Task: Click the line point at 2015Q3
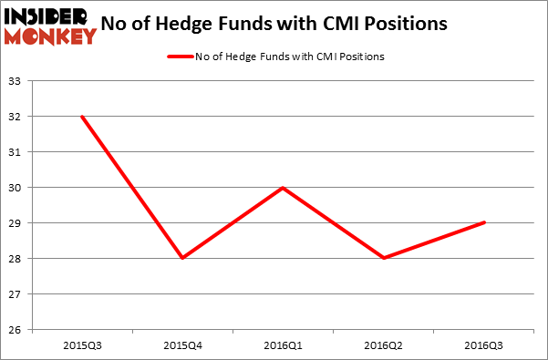click(x=82, y=116)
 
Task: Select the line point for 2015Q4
click(x=182, y=258)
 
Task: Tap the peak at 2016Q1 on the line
click(x=284, y=187)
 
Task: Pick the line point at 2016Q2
click(x=384, y=258)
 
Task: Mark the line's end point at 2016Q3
click(x=484, y=222)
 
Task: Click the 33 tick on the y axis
click(x=17, y=81)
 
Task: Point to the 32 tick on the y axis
click(x=17, y=117)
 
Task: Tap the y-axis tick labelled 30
click(x=17, y=188)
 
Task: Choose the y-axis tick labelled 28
click(x=17, y=259)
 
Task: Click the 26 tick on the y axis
click(x=17, y=330)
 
